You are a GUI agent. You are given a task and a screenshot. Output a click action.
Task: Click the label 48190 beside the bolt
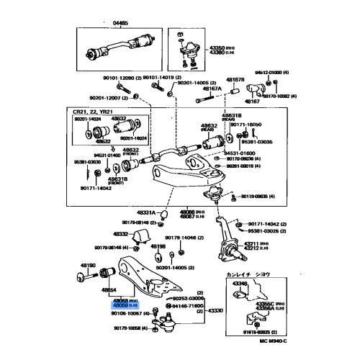[x=89, y=266]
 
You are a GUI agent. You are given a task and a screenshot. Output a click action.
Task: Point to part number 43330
[x=217, y=310]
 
